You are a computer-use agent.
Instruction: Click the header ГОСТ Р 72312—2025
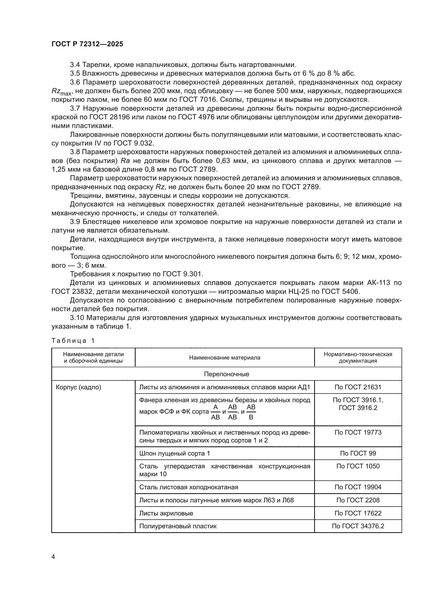[x=87, y=44]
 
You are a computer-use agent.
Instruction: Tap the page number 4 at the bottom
[x=53, y=557]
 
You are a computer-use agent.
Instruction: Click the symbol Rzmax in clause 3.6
[x=61, y=92]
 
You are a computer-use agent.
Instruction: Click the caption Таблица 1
[x=73, y=341]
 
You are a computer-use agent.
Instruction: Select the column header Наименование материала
[x=225, y=358]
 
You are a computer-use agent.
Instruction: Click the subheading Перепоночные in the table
[x=226, y=374]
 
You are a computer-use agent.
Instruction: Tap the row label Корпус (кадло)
[x=78, y=387]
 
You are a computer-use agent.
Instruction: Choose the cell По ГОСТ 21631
[x=358, y=387]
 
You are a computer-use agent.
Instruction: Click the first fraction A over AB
[x=215, y=412]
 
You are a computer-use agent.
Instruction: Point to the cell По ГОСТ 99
[x=358, y=453]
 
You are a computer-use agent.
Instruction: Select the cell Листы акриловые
[x=166, y=513]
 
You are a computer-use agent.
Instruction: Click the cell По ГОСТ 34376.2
[x=358, y=526]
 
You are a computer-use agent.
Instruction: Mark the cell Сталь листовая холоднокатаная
[x=188, y=487]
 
